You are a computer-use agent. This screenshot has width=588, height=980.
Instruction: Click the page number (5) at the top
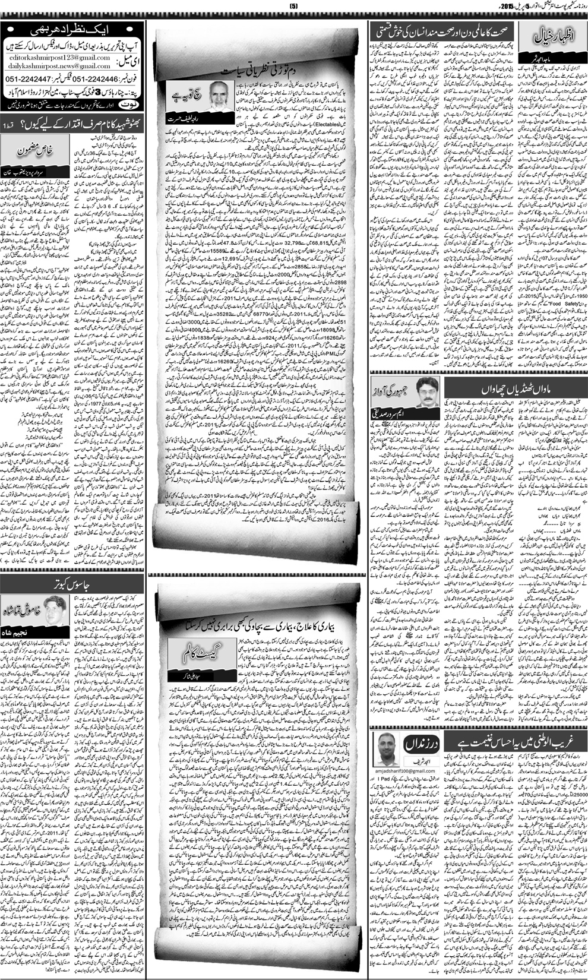click(293, 7)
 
